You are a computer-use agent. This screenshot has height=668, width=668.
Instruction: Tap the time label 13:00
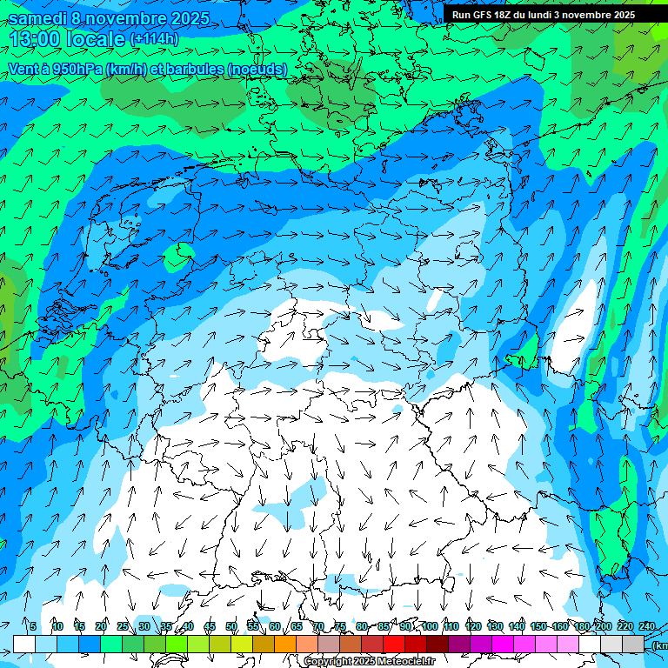click(x=36, y=39)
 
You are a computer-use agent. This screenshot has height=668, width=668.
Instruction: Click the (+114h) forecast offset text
click(x=153, y=39)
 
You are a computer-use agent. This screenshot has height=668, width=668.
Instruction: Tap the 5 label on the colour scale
click(x=32, y=627)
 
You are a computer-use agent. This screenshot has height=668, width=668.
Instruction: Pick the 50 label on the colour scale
click(x=231, y=627)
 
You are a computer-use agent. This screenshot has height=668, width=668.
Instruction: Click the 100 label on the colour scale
click(x=429, y=627)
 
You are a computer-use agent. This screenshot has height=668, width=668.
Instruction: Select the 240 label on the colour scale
click(x=646, y=627)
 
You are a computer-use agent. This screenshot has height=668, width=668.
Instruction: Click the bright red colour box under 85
click(x=394, y=644)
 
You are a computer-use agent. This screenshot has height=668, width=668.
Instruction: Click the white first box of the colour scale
click(x=24, y=644)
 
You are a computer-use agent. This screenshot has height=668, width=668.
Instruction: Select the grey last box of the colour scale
click(x=633, y=644)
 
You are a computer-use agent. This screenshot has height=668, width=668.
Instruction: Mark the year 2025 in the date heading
click(x=184, y=18)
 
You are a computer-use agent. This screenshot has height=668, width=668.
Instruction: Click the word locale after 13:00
click(x=96, y=39)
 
